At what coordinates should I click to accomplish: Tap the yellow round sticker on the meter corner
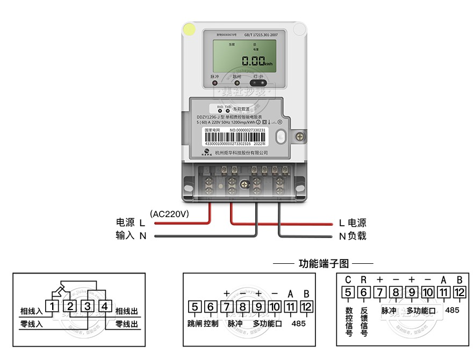[190, 30]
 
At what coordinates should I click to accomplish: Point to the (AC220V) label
[169, 213]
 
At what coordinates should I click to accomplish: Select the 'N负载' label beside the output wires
[352, 235]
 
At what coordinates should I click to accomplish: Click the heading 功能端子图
[323, 264]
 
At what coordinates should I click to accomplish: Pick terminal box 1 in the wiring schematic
[52, 307]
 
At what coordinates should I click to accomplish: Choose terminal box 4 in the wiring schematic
[105, 307]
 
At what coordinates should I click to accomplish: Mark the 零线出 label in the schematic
[127, 325]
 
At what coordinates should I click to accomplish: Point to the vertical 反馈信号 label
[364, 321]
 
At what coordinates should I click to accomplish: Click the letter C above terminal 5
[348, 279]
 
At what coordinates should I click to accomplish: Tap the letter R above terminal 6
[364, 279]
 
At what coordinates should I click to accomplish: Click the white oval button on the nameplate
[279, 137]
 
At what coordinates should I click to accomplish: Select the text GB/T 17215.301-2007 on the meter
[261, 34]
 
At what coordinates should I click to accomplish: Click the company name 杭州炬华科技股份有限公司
[241, 153]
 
